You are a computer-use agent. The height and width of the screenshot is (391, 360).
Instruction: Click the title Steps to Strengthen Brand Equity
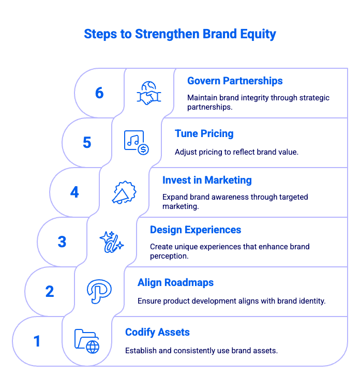pos(180,34)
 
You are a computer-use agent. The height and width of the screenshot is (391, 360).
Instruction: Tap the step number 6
pos(99,93)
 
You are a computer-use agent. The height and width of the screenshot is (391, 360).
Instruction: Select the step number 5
pos(87,143)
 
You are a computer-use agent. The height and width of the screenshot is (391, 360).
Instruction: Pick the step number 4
pos(74,192)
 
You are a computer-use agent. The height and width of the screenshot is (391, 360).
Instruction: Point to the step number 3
pos(62,242)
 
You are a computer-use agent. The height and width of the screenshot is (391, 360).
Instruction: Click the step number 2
pos(50,292)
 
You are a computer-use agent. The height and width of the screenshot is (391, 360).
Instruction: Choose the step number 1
pos(37,341)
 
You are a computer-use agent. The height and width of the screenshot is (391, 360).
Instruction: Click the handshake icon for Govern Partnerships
pos(149,93)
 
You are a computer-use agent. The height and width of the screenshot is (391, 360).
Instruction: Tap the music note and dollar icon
pos(137,143)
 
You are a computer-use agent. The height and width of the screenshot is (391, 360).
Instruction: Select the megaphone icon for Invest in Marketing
pos(124,192)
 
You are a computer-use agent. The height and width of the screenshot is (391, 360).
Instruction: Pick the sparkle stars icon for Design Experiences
pos(112,242)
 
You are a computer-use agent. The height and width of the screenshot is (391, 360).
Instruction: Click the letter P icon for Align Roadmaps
pos(99,292)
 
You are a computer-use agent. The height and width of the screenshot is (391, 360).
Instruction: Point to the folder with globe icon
pos(87,341)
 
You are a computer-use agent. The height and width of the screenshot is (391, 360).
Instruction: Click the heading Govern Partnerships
pos(235,81)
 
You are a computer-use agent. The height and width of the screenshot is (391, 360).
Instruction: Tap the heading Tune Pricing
pos(204,133)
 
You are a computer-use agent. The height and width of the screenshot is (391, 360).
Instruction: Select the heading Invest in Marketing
pos(207,180)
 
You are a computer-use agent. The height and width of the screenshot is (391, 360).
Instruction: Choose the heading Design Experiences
pos(196,230)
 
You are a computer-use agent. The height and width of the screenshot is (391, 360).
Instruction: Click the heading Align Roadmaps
pos(175,282)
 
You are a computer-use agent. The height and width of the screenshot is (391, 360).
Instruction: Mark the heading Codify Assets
pos(157,332)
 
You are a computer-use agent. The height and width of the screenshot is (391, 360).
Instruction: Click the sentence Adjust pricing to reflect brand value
pos(236,152)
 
